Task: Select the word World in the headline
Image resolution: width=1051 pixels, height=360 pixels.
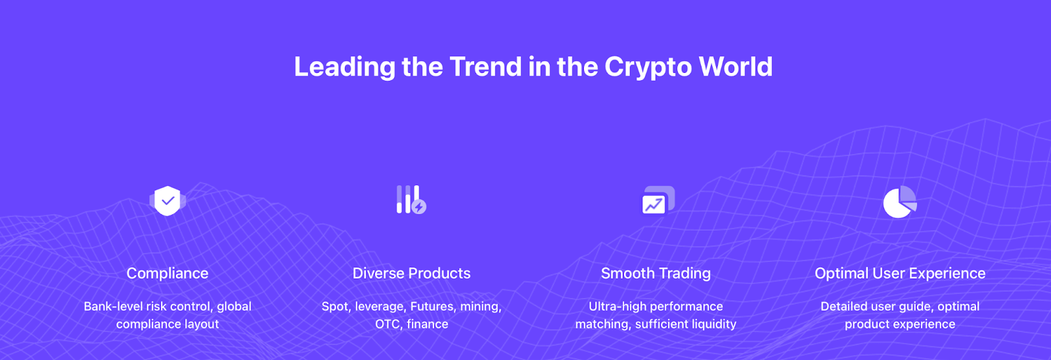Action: coord(736,66)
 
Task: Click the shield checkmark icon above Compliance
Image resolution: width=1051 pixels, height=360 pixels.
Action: coord(168,201)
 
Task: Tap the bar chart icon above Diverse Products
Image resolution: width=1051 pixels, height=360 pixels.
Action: coord(411,200)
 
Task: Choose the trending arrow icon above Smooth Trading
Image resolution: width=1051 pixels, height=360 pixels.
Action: coord(658,200)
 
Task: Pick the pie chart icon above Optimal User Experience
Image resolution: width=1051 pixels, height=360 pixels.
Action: coord(900,202)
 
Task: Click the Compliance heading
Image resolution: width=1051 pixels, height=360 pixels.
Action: coord(168,274)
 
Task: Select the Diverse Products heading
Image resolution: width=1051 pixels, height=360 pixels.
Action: coord(411,273)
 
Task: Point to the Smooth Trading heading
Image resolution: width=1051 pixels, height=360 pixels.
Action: coord(656,274)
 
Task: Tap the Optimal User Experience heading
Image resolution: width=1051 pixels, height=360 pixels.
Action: coord(900,274)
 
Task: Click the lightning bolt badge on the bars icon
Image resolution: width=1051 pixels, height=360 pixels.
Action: coord(419,206)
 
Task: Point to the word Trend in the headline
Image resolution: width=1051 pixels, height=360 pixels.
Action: coord(485,66)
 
